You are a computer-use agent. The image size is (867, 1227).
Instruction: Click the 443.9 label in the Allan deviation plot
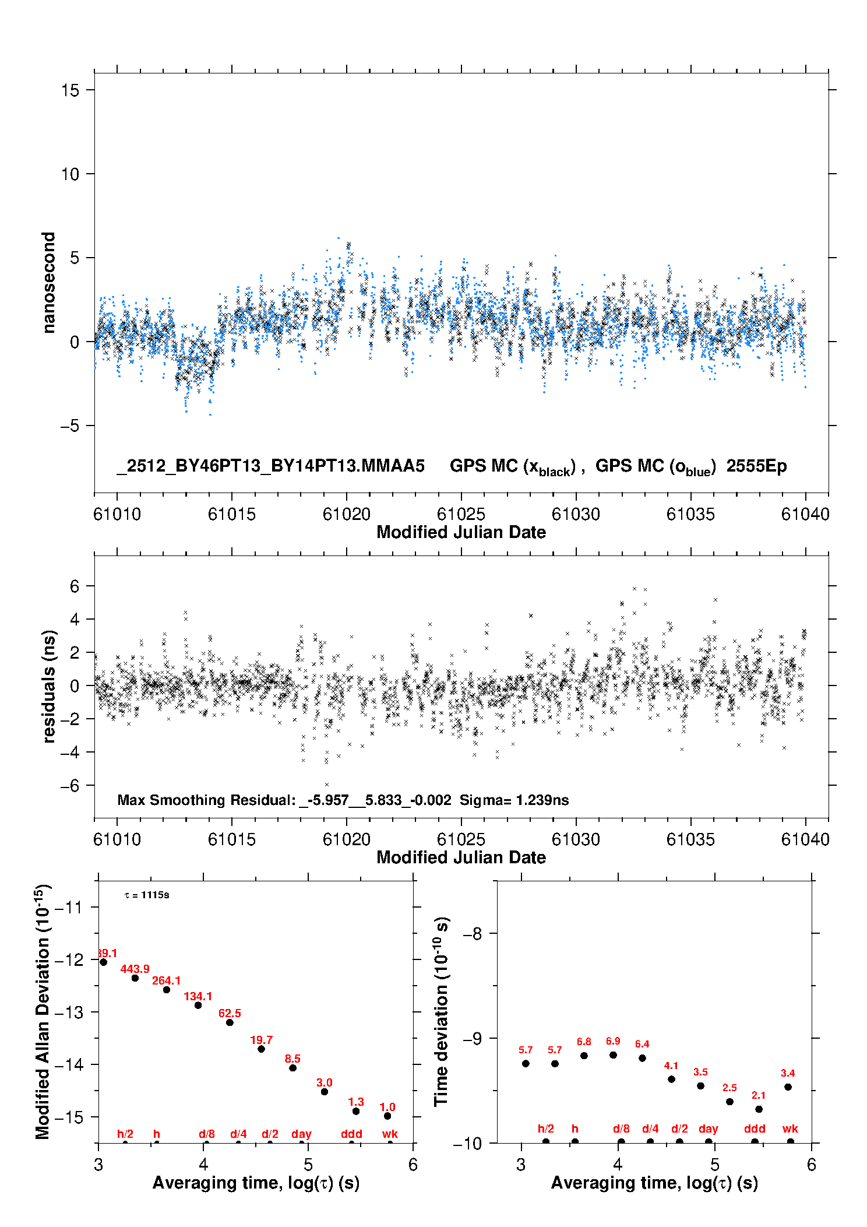135,969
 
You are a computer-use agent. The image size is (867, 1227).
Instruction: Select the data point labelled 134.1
198,1005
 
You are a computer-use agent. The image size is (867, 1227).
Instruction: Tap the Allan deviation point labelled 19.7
261,1049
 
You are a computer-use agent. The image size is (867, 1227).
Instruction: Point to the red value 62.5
230,1013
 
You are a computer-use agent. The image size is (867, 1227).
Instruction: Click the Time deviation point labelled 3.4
788,1087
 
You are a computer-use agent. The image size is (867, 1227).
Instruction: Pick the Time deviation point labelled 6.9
613,1055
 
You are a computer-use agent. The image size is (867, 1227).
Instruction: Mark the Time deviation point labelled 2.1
759,1109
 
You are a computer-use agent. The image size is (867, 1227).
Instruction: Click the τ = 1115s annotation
147,895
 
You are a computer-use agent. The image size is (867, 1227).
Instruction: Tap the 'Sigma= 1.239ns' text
514,800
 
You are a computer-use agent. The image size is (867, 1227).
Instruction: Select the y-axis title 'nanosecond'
49,283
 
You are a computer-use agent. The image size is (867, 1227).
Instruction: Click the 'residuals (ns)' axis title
49,686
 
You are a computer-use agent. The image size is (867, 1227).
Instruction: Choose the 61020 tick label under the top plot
346,514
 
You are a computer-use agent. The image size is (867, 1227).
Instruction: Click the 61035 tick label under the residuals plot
690,839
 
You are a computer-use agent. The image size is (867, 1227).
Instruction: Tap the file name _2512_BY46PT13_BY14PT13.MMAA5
270,466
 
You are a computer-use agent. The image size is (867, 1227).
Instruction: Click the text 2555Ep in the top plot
756,466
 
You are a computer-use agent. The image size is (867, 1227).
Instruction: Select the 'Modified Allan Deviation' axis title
43,1011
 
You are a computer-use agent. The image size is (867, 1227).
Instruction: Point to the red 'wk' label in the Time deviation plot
790,1128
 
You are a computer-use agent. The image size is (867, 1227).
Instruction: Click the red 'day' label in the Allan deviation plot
301,1134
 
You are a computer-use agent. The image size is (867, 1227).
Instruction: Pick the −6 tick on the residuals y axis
70,786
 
